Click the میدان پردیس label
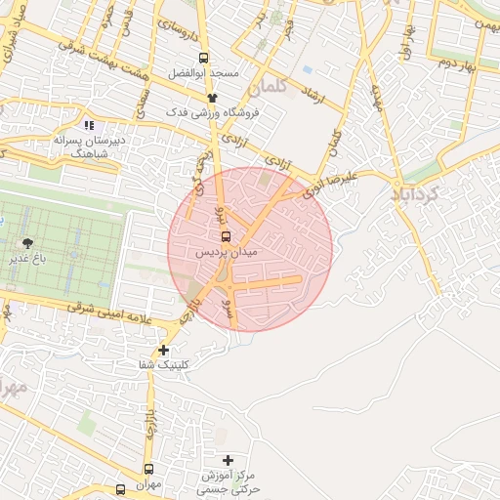click(227, 253)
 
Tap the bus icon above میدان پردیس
click(227, 236)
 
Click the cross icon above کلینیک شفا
click(163, 350)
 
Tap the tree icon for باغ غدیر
click(25, 242)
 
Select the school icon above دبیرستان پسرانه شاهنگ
click(89, 125)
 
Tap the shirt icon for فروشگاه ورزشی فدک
click(211, 98)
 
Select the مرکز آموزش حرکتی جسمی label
click(228, 479)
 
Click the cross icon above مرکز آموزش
click(229, 459)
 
